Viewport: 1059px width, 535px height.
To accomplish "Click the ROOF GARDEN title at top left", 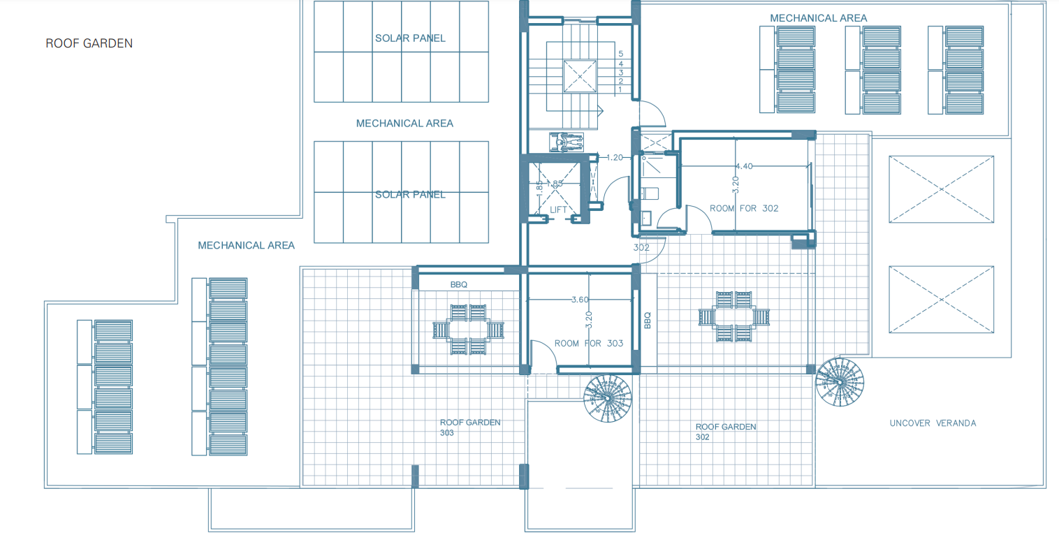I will pos(89,43).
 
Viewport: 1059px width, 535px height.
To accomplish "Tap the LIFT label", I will pos(559,210).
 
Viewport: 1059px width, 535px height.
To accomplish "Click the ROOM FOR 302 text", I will pos(744,208).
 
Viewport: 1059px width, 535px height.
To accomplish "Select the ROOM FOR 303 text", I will pos(588,343).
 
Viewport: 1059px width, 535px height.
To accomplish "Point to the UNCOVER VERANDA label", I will pos(933,423).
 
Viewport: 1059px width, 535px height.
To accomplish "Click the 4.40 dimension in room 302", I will pos(744,166).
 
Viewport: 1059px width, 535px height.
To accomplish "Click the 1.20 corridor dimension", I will pos(614,158).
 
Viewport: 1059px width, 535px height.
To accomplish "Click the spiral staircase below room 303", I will pos(608,398).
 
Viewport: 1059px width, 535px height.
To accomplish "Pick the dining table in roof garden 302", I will pos(735,316).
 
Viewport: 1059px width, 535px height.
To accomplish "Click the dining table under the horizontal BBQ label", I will pos(468,329).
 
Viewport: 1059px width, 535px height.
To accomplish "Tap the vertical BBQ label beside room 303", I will pos(647,321).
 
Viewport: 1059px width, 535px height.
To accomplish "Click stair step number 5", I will pos(620,54).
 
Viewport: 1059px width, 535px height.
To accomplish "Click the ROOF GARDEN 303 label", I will pos(469,427).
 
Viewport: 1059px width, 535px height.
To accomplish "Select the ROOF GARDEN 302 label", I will pos(725,431).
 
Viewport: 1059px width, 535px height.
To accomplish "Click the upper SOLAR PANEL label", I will pos(410,38).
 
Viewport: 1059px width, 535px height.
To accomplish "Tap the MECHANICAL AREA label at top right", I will pos(818,18).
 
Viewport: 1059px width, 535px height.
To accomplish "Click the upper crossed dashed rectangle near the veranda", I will pos(941,190).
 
